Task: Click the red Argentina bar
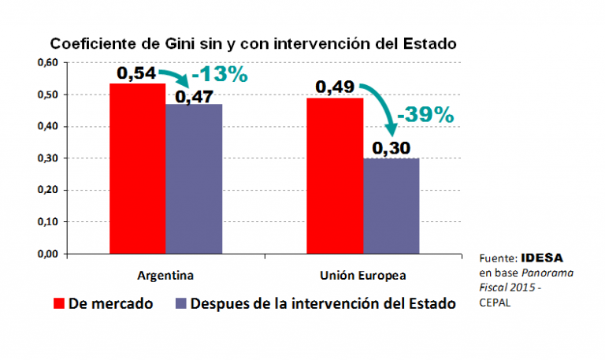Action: (136, 169)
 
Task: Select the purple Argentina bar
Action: (194, 179)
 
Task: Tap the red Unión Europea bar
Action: (335, 176)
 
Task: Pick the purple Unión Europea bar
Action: (392, 206)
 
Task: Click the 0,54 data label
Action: (136, 72)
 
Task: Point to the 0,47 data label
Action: (194, 96)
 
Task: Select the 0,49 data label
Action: (335, 87)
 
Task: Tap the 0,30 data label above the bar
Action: (392, 147)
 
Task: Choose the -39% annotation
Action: (426, 114)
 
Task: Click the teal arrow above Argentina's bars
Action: (180, 76)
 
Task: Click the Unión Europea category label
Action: (363, 276)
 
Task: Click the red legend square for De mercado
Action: (58, 303)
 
